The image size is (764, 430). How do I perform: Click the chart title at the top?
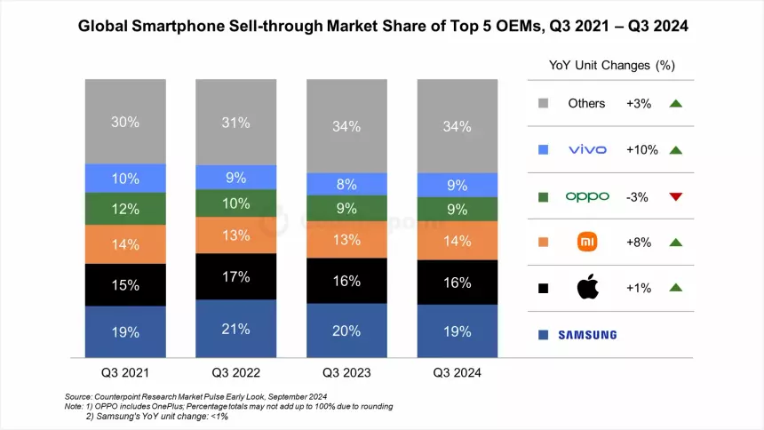pyautogui.click(x=382, y=28)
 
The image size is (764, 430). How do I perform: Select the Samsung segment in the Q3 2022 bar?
pyautogui.click(x=235, y=328)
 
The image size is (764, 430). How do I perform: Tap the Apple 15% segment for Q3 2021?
pyautogui.click(x=125, y=285)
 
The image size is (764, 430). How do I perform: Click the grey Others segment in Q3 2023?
pyautogui.click(x=346, y=126)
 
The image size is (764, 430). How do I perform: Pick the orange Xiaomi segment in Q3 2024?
pyautogui.click(x=457, y=240)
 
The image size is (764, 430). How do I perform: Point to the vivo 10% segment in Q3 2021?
pyautogui.click(x=125, y=178)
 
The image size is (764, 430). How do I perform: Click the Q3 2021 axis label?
pyautogui.click(x=125, y=373)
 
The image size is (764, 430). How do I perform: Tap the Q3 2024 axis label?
pyautogui.click(x=457, y=373)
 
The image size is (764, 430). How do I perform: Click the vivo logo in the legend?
pyautogui.click(x=587, y=149)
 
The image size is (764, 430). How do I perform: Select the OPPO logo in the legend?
pyautogui.click(x=587, y=196)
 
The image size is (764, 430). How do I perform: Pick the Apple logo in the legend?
pyautogui.click(x=587, y=288)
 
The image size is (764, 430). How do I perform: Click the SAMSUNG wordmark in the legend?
pyautogui.click(x=587, y=335)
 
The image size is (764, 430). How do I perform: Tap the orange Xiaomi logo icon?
pyautogui.click(x=587, y=242)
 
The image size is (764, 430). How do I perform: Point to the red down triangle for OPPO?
pyautogui.click(x=675, y=196)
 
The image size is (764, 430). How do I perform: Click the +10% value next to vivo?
pyautogui.click(x=641, y=149)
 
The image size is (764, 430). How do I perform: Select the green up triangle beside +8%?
pyautogui.click(x=675, y=242)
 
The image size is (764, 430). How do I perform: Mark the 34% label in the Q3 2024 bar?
pyautogui.click(x=457, y=126)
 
